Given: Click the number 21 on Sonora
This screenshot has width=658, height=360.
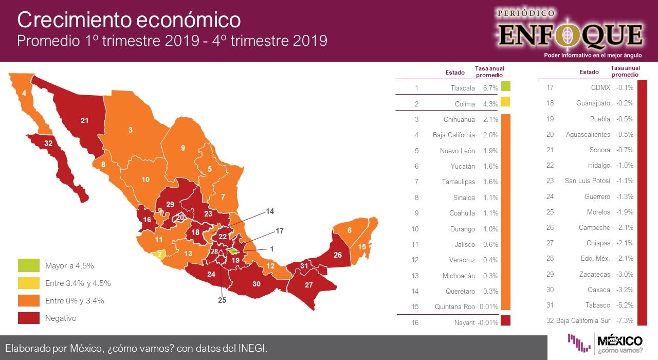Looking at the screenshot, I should pyautogui.click(x=85, y=120).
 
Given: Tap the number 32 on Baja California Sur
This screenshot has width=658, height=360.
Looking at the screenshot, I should pyautogui.click(x=48, y=143).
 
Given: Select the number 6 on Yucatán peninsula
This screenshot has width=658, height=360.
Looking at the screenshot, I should pyautogui.click(x=350, y=230).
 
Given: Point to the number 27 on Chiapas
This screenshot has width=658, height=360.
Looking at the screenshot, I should pyautogui.click(x=308, y=285).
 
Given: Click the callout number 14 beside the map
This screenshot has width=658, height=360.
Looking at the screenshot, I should pyautogui.click(x=270, y=211).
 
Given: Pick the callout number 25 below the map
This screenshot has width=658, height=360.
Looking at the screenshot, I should pyautogui.click(x=222, y=300).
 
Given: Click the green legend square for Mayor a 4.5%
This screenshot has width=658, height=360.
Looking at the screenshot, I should pyautogui.click(x=28, y=266).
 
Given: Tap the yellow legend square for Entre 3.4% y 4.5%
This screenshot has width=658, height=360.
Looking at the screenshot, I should pyautogui.click(x=28, y=283).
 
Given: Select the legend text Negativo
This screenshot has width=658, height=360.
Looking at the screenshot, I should pyautogui.click(x=61, y=318).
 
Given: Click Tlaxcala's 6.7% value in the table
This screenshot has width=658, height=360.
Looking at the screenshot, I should pyautogui.click(x=490, y=88).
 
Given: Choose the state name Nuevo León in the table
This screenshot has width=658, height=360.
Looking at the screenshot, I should pyautogui.click(x=457, y=151).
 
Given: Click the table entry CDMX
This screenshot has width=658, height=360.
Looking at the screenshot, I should pyautogui.click(x=600, y=88).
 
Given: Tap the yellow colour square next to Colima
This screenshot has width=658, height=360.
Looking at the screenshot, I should pyautogui.click(x=505, y=102).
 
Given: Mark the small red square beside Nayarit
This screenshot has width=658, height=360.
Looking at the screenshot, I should pyautogui.click(x=505, y=321).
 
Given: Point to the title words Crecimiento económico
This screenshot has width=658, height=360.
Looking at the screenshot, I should pyautogui.click(x=129, y=20).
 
